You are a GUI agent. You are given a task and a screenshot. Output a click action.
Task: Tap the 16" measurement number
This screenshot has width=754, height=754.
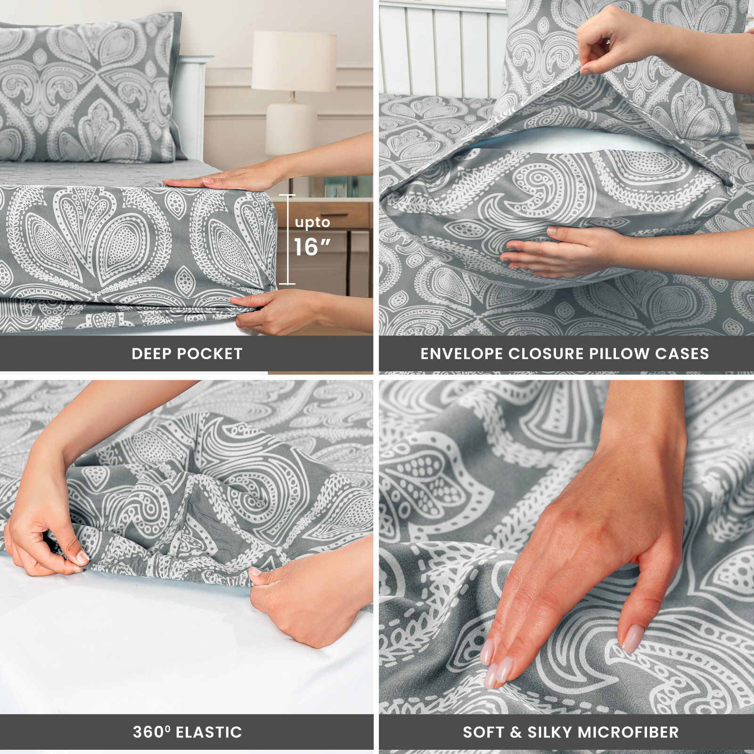pyautogui.click(x=311, y=247)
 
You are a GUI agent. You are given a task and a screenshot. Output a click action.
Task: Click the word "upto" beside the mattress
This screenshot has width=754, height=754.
pyautogui.click(x=312, y=222)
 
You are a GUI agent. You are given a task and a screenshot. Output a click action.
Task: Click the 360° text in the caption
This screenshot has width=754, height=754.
pyautogui.click(x=151, y=732)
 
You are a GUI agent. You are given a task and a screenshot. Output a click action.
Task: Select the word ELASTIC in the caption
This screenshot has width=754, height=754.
pyautogui.click(x=209, y=732)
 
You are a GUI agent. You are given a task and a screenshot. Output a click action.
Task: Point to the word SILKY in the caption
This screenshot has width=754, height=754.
pyautogui.click(x=549, y=732)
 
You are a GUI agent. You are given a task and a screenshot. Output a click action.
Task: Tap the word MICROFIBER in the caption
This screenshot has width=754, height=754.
pyautogui.click(x=628, y=732)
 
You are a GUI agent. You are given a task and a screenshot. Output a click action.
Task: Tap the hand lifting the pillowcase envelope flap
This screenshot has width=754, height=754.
pyautogui.click(x=608, y=45)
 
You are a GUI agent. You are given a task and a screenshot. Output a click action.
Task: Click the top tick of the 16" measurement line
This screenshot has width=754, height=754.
pyautogui.click(x=287, y=195)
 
